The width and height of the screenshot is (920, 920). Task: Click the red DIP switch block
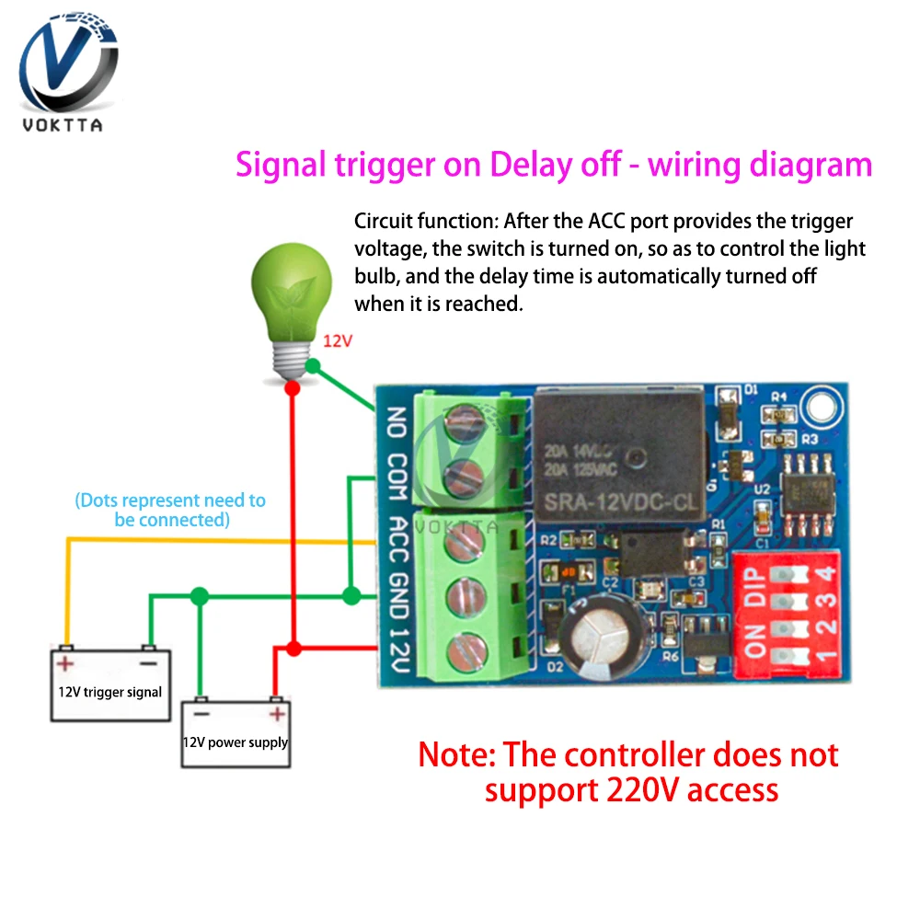point(783,612)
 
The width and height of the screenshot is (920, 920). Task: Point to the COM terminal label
point(397,478)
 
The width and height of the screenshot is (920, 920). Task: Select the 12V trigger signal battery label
point(109,692)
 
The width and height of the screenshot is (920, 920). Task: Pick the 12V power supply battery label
point(236,742)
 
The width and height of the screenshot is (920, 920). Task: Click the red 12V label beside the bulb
point(338,340)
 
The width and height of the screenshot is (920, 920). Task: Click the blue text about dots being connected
point(171,510)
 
